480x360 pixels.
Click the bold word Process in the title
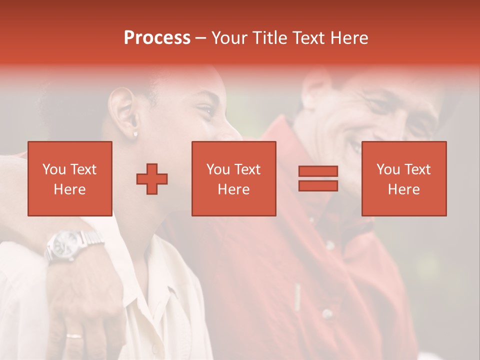click(157, 38)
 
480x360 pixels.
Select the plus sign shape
click(152, 179)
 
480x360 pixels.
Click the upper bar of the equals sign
click(318, 171)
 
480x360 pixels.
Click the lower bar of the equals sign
click(318, 185)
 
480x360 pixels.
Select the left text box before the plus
click(69, 178)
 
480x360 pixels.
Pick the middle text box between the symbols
click(233, 178)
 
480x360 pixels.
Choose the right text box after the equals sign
click(403, 178)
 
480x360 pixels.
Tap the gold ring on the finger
click(74, 335)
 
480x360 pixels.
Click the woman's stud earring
click(135, 134)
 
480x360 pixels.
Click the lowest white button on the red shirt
click(327, 314)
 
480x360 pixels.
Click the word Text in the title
click(309, 38)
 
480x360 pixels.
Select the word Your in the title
click(228, 38)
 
